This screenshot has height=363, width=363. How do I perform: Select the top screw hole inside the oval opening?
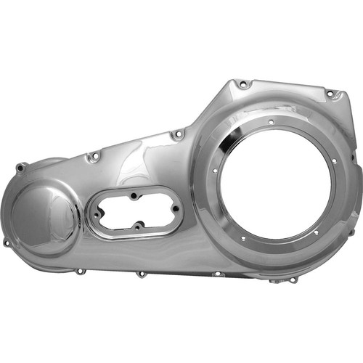pos(134,195)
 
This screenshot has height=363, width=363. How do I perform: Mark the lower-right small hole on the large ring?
pos(315,232)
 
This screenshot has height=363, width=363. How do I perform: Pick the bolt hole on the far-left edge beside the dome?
pos(7,242)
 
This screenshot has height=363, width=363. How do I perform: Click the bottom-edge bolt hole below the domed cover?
pos(78,271)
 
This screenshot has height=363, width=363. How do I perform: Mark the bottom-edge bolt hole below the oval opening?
pos(141,274)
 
